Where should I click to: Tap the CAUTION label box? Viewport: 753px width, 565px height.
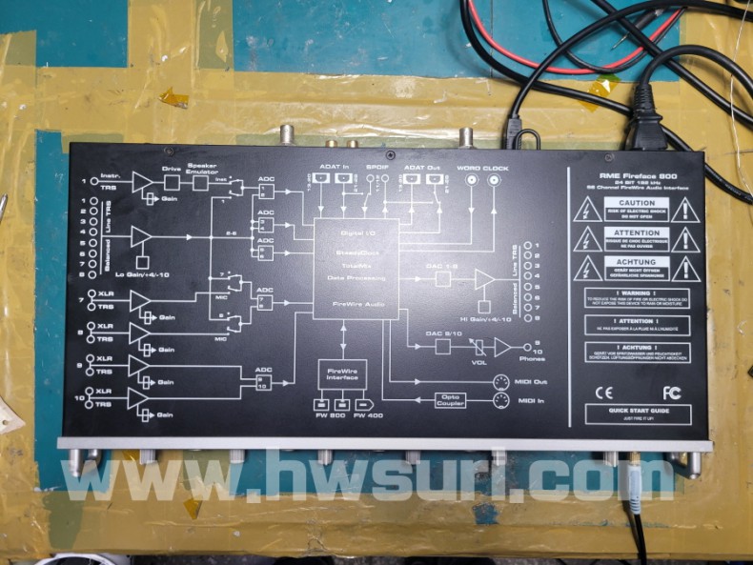tap(636, 204)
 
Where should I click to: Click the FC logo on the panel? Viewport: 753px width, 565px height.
tap(672, 392)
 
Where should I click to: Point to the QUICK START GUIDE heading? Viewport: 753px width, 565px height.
tap(636, 410)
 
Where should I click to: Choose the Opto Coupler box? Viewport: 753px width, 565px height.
tap(452, 399)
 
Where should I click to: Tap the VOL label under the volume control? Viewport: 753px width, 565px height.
tap(478, 361)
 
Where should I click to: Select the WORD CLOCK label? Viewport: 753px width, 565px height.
tap(482, 169)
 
